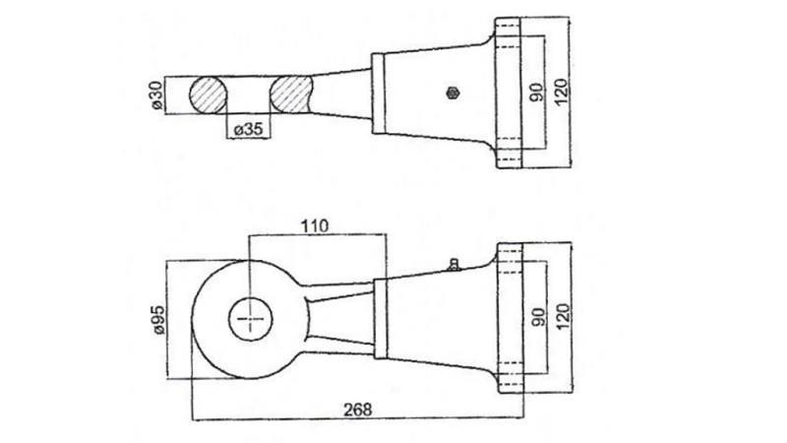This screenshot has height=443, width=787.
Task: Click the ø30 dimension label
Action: point(154,95)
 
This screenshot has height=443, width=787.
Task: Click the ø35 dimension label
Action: point(249,129)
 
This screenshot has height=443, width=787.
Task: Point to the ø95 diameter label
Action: point(156,319)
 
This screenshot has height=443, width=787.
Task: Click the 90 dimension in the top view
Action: point(536,94)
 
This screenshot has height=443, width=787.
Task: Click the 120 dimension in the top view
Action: point(562,94)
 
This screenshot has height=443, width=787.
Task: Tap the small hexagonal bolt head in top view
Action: point(452,93)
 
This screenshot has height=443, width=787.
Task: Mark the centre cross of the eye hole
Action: point(253,319)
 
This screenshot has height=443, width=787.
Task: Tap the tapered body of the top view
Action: point(423,94)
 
